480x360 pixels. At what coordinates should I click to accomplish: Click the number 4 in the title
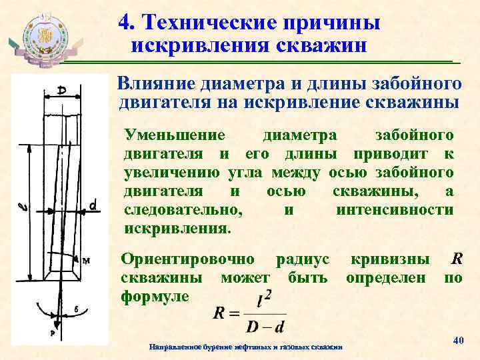[125, 21]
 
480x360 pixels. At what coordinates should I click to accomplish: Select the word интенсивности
[395, 210]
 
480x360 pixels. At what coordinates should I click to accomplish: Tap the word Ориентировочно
[187, 258]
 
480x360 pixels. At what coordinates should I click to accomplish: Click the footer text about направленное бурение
[246, 347]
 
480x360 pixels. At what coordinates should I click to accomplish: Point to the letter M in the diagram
[85, 261]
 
